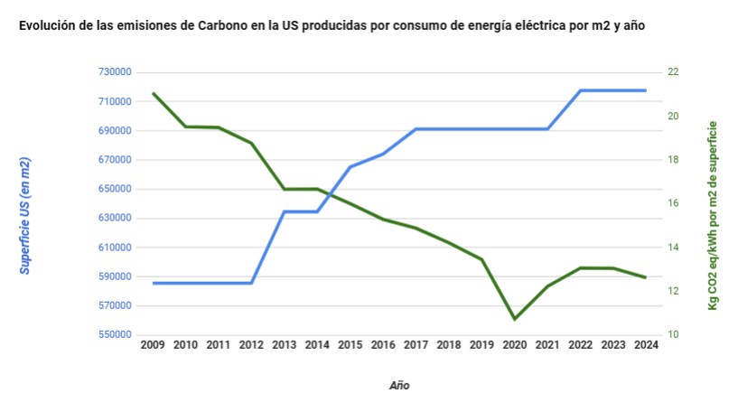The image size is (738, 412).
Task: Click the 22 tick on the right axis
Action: (673, 72)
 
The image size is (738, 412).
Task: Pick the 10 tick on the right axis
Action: (673, 335)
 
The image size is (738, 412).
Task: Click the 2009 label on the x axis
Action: (153, 344)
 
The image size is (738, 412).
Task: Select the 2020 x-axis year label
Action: (514, 344)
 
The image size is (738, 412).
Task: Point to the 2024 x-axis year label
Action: (646, 344)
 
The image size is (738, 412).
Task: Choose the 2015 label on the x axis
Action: (350, 344)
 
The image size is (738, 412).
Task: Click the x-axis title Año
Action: (398, 385)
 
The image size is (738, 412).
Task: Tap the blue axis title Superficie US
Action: (25, 215)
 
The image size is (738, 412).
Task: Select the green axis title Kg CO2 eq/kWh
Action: (713, 215)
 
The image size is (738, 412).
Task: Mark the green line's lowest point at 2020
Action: (514, 319)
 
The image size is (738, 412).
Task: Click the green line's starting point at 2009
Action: (154, 93)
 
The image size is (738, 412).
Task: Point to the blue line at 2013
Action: (285, 211)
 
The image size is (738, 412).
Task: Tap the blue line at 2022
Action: (580, 90)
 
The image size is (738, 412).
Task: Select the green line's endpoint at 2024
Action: (646, 277)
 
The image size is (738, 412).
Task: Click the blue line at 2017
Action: (416, 128)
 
